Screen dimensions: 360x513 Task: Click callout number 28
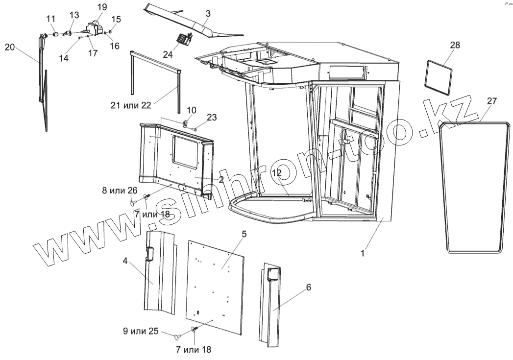[x=455, y=45]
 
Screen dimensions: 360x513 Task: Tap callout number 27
[x=492, y=101]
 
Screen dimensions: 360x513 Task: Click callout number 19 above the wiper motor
[x=101, y=7]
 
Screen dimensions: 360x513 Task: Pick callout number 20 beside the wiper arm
[x=10, y=47]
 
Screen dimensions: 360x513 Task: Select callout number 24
[x=168, y=54]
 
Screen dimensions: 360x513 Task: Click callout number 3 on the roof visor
[x=208, y=14]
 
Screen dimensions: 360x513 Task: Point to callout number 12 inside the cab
[x=277, y=172]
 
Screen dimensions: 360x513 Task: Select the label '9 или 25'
[x=140, y=331]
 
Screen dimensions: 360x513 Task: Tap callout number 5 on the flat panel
[x=244, y=234]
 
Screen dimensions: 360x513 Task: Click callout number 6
[x=308, y=287]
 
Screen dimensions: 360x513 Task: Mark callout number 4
[x=125, y=261]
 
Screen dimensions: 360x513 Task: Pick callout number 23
[x=211, y=117]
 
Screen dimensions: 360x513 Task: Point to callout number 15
[x=115, y=19]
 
